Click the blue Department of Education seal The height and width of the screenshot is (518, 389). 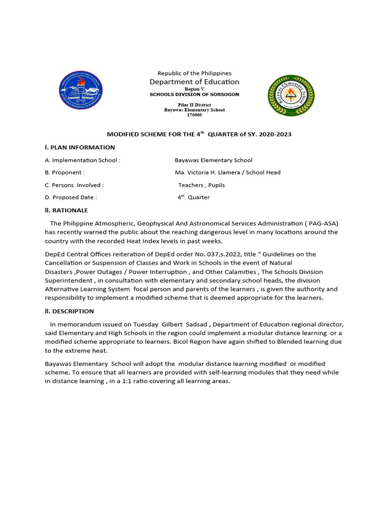(x=81, y=92)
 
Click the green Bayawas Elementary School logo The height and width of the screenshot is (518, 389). (x=290, y=95)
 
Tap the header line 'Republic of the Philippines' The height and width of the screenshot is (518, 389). (x=194, y=73)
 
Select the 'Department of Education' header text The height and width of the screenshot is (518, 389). (x=194, y=82)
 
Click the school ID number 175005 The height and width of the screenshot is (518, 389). (x=194, y=115)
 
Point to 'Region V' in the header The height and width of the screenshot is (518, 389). (x=194, y=89)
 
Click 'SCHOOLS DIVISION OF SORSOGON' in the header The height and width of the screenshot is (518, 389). (x=194, y=95)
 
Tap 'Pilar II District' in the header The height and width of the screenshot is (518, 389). (x=194, y=104)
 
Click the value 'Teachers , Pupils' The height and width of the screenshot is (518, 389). (x=202, y=185)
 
